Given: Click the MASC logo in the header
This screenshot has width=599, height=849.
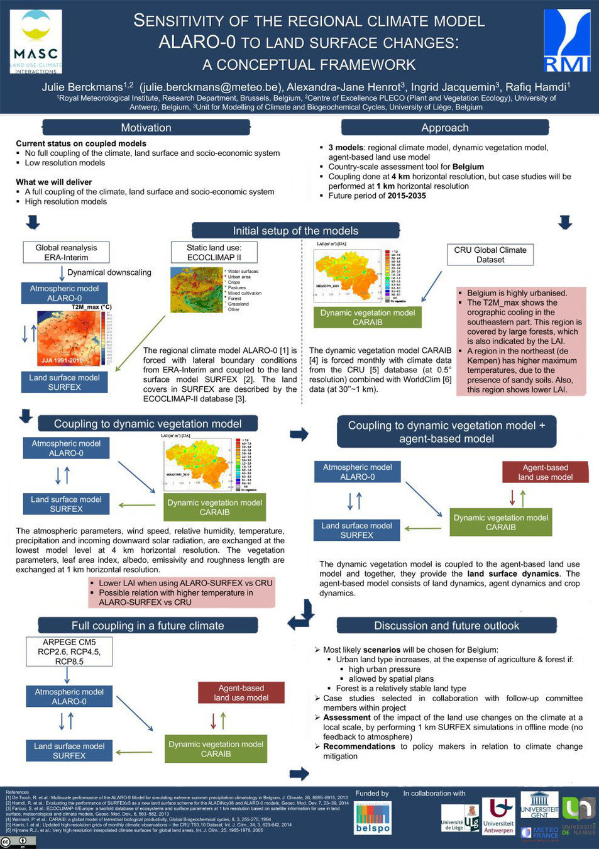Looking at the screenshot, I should (x=36, y=42).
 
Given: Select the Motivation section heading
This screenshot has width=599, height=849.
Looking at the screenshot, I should (x=146, y=128).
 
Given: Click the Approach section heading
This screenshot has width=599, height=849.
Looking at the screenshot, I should (x=445, y=128).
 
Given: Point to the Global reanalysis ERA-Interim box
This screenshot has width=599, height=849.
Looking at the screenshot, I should (x=66, y=252).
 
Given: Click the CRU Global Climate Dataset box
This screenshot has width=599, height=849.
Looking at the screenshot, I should (x=490, y=255).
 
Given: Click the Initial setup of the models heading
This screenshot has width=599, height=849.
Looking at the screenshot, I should (x=295, y=231).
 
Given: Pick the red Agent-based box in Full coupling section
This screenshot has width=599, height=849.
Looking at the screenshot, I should (x=241, y=692).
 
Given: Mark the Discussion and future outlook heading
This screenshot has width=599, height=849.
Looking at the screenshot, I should (x=446, y=626).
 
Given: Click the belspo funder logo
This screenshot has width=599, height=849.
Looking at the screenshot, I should (x=373, y=818).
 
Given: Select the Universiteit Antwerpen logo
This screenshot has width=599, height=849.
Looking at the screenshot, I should (x=498, y=816).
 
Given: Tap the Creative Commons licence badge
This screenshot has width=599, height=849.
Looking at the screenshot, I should (x=18, y=841).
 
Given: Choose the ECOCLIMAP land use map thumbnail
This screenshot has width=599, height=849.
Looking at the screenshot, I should (x=196, y=290).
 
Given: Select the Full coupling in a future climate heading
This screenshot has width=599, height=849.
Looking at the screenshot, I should (x=148, y=626).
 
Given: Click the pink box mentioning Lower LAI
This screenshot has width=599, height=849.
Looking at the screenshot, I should (x=182, y=592).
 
